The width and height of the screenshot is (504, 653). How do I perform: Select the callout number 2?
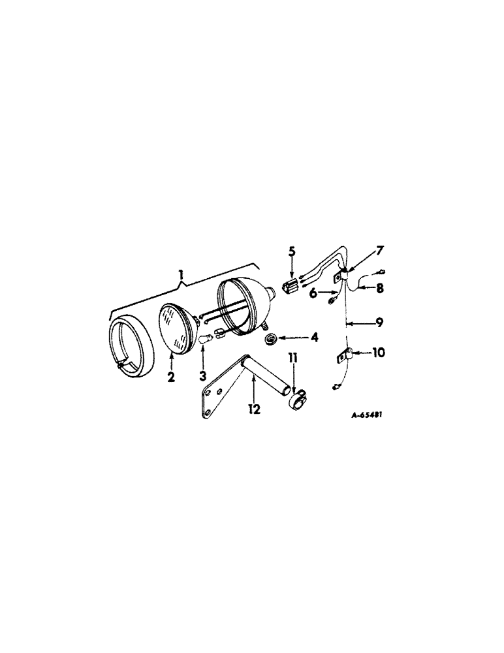pos(170,377)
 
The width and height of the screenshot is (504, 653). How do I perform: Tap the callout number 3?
pos(203,377)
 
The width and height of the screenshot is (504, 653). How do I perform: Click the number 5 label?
pos(292,250)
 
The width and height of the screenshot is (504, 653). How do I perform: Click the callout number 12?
pos(253,409)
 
